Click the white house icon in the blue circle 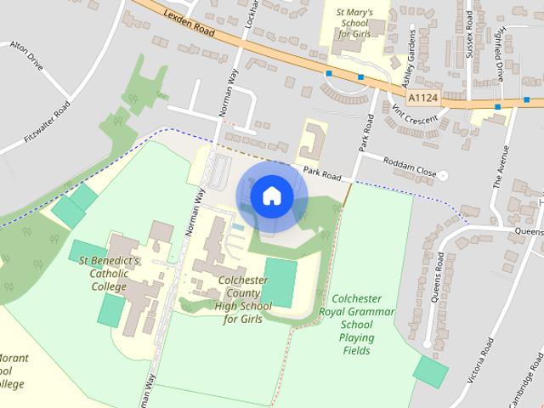coord(271,196)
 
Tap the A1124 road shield coord(422,99)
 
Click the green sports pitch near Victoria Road coord(431,371)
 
